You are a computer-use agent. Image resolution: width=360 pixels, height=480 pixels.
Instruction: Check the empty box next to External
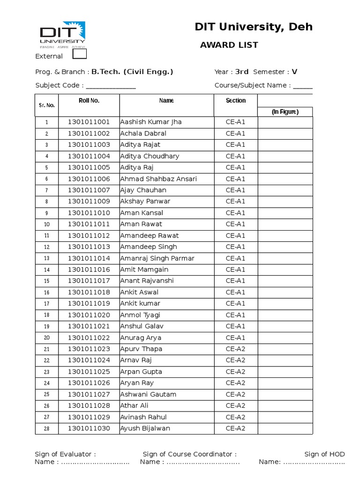point(80,54)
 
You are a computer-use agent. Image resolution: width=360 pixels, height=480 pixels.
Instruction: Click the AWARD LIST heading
point(229,45)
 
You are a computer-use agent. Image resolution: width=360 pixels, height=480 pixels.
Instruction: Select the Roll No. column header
point(89,100)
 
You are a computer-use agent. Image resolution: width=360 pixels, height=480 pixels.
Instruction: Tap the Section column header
point(235,100)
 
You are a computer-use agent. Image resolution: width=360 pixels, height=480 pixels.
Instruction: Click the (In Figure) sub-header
point(285,112)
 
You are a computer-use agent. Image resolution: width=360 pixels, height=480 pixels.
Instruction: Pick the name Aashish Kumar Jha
point(150,122)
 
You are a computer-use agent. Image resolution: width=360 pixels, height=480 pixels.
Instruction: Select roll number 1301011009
point(89,201)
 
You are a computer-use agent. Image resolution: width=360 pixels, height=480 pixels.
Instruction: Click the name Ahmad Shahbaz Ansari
point(158,179)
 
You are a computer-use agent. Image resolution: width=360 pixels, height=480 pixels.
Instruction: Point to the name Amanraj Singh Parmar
point(157,258)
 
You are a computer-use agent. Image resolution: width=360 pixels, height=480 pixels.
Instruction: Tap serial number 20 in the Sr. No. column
point(46,337)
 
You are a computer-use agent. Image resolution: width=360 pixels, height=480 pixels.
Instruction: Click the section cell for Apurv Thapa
point(235,349)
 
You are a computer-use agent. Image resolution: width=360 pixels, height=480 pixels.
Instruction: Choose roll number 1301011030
point(89,428)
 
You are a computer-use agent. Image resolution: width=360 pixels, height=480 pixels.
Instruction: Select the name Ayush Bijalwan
point(145,428)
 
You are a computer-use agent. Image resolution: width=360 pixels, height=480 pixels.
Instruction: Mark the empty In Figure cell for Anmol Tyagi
point(285,315)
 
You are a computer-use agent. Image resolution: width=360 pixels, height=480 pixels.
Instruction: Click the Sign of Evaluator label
point(65,454)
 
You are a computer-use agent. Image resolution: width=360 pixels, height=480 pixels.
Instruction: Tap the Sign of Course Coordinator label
point(189,454)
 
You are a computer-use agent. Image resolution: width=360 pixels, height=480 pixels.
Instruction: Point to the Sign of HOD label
point(324,454)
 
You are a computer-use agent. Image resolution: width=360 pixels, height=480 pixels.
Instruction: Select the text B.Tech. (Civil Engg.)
point(132,72)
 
